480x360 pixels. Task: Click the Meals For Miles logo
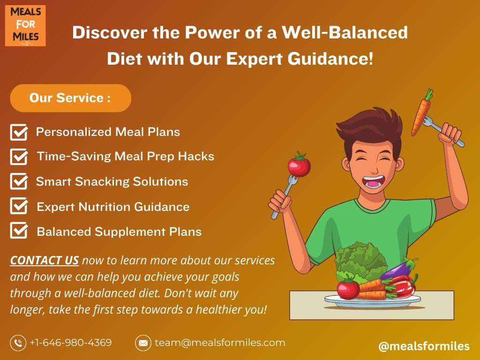click(x=25, y=26)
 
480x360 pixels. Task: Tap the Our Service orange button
click(x=71, y=98)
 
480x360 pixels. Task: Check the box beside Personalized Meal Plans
click(x=19, y=132)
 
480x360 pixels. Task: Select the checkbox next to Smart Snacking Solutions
click(x=19, y=181)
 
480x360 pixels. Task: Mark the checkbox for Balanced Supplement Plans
click(x=19, y=230)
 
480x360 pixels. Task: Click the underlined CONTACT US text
click(x=45, y=261)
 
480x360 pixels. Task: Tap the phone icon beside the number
click(x=18, y=343)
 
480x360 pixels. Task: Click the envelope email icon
click(x=143, y=343)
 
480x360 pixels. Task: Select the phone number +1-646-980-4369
click(x=71, y=342)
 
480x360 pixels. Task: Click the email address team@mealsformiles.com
click(x=220, y=343)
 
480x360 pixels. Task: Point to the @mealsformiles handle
click(x=424, y=346)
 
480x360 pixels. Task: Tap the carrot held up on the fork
click(x=422, y=112)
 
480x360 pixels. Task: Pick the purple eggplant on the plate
click(x=398, y=270)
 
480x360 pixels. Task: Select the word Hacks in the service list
click(x=196, y=157)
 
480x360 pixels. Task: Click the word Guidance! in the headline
click(x=330, y=59)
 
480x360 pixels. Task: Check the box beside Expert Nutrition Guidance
click(x=19, y=206)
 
